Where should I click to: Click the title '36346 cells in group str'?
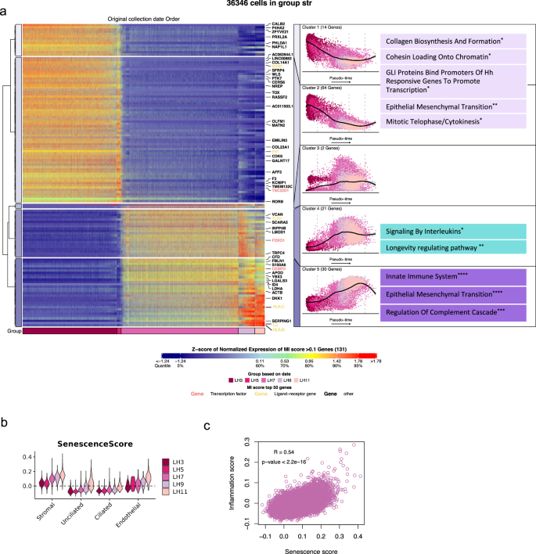tap(267, 5)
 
